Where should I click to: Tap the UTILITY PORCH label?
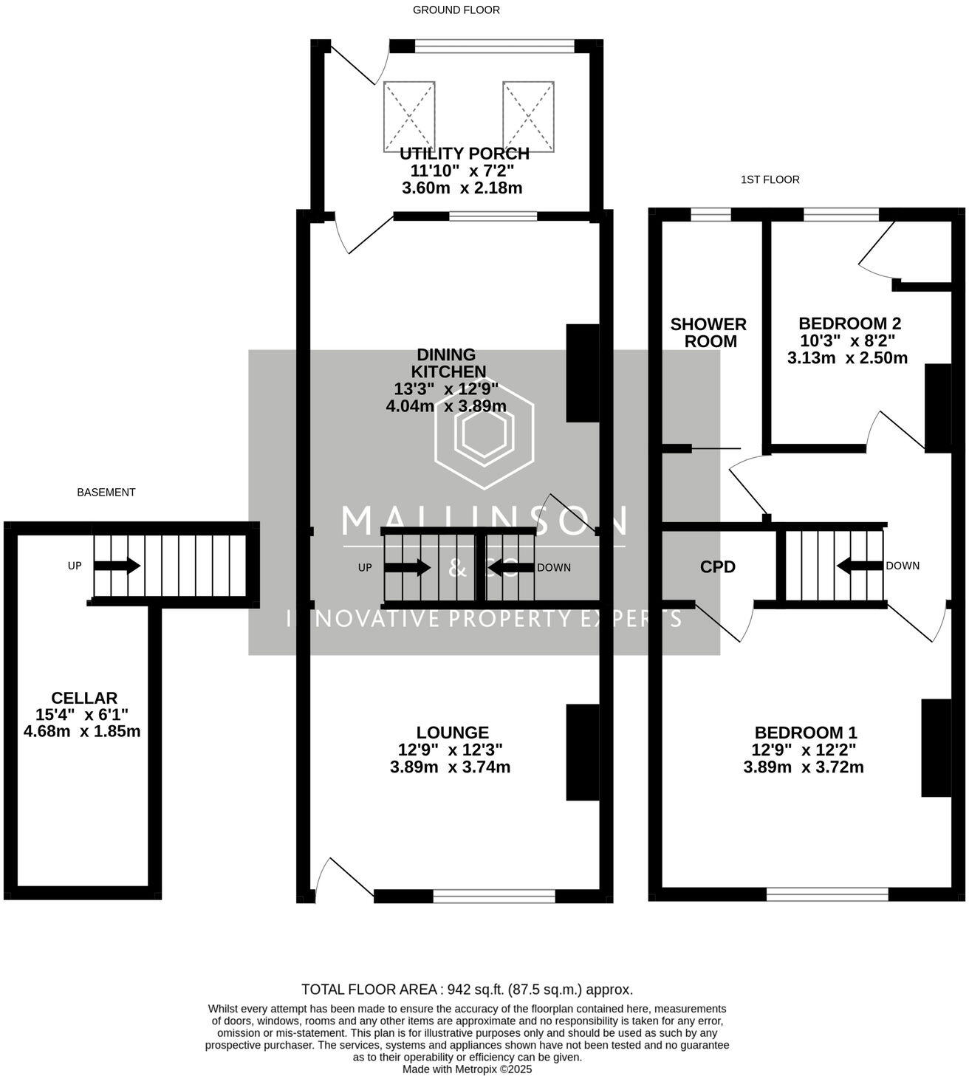click(x=464, y=154)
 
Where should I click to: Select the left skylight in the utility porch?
click(x=408, y=117)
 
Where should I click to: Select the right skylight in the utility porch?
click(x=528, y=117)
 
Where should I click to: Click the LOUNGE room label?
click(x=452, y=733)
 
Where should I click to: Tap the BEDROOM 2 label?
click(x=849, y=323)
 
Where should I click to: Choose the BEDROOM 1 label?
click(x=805, y=733)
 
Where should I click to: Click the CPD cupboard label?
click(x=718, y=566)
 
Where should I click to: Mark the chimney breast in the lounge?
click(x=583, y=752)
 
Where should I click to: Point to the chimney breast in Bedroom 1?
click(x=937, y=747)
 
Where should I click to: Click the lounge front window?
click(x=493, y=896)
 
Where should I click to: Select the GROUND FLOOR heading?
click(x=456, y=10)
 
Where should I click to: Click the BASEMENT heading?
click(x=106, y=492)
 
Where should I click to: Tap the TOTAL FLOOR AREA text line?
click(x=467, y=990)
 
